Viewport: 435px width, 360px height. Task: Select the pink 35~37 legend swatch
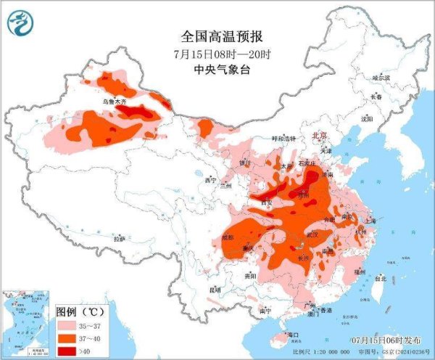click(x=69, y=325)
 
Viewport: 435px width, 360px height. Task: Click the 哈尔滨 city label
click(x=381, y=78)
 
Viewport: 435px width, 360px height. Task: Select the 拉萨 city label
click(x=118, y=238)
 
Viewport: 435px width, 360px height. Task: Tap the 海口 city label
click(x=293, y=335)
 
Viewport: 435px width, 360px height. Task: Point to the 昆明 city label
click(x=214, y=290)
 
